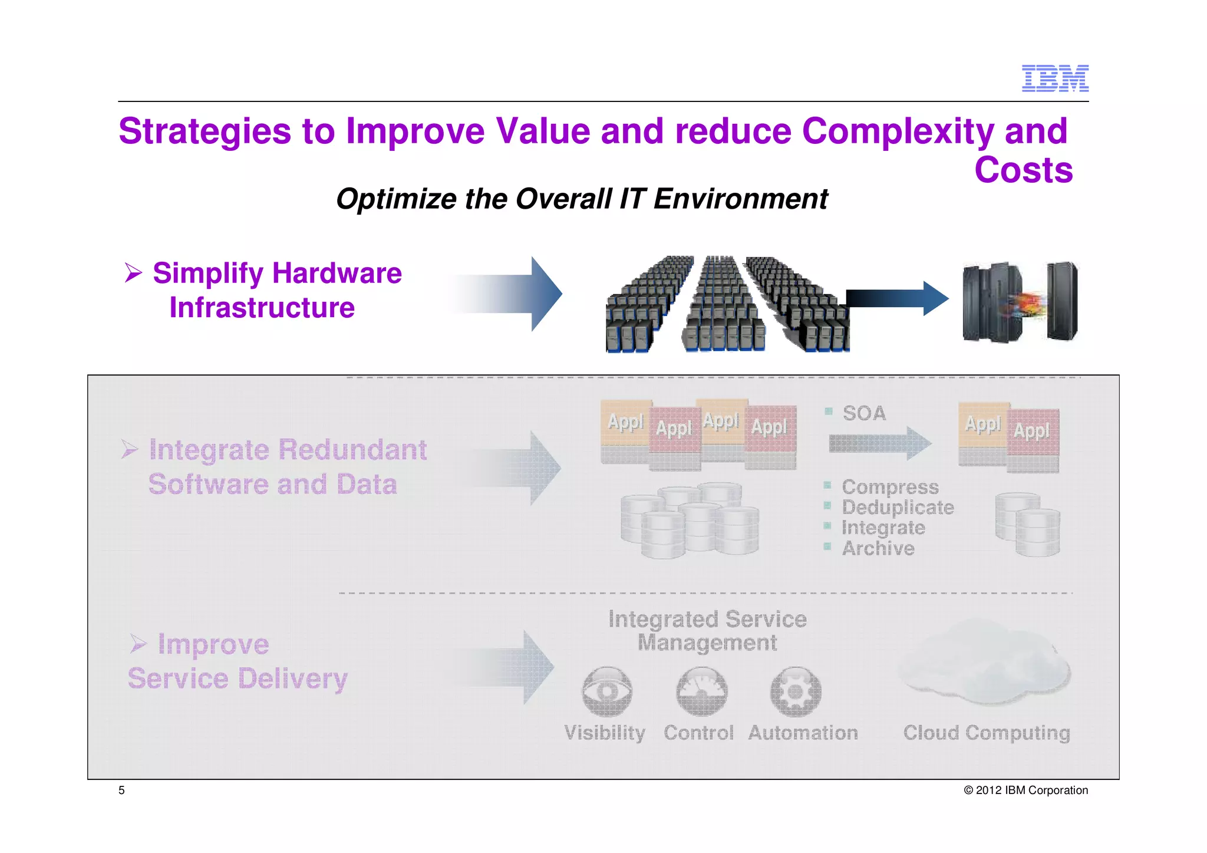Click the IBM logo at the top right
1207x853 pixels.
(x=1054, y=78)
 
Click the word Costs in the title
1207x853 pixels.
(x=1023, y=170)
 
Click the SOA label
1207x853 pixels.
(x=863, y=413)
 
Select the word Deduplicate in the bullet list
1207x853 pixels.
(x=897, y=508)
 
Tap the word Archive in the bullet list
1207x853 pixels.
(x=878, y=549)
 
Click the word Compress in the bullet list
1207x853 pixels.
(x=890, y=487)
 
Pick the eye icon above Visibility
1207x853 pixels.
(x=606, y=691)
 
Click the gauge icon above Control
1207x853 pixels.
(x=701, y=691)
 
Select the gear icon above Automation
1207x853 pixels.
(x=796, y=691)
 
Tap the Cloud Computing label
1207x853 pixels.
(x=987, y=733)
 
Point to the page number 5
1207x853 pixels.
(x=121, y=791)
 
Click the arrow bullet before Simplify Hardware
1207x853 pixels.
(x=133, y=273)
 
